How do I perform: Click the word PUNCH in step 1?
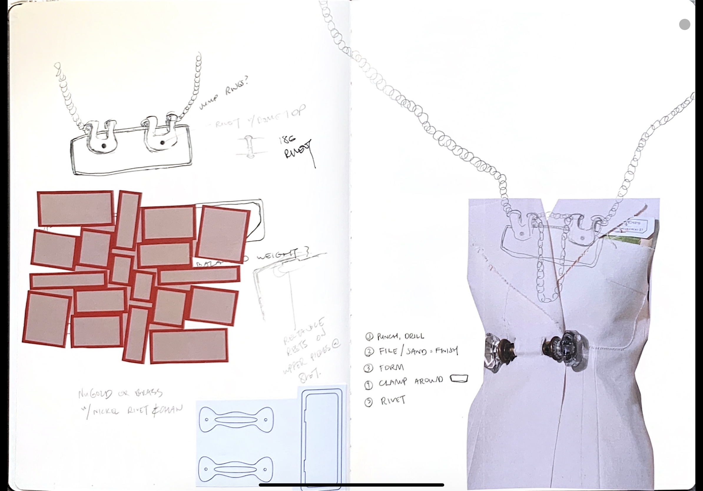tap(387, 337)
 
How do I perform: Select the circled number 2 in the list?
tap(369, 352)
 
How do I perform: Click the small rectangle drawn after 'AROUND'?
tap(459, 379)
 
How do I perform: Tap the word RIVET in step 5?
tap(393, 400)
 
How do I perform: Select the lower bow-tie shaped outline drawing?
tap(235, 469)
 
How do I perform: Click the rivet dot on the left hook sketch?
tap(104, 146)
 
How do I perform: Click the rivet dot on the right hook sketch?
tap(162, 142)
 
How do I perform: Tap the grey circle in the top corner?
tap(685, 24)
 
